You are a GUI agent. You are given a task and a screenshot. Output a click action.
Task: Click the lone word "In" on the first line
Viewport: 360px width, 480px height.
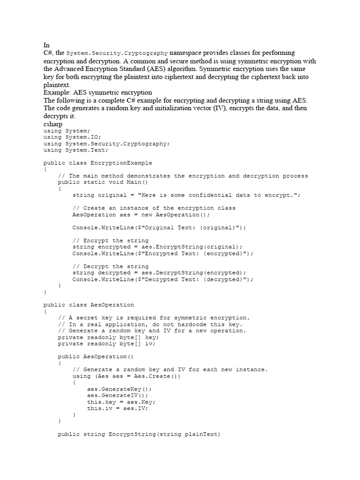click(x=46, y=45)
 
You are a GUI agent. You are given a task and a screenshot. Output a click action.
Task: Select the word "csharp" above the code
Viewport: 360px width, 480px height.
click(x=53, y=124)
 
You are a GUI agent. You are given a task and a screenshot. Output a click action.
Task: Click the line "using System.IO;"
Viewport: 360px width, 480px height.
click(x=69, y=137)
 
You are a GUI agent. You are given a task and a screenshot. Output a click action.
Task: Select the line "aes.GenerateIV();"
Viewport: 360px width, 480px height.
click(x=118, y=395)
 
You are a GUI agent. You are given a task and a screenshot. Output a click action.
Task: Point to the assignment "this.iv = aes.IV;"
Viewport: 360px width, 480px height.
click(x=118, y=408)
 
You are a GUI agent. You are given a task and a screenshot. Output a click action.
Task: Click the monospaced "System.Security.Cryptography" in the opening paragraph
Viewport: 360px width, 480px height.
click(x=117, y=53)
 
